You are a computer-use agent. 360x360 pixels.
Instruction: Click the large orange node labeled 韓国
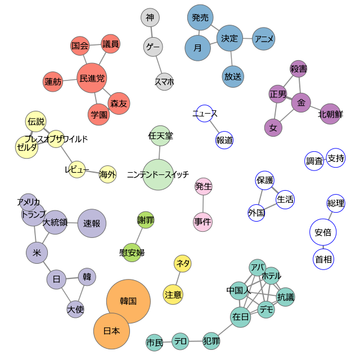pyautogui.click(x=128, y=301)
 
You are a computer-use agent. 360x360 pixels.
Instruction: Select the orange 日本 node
pyautogui.click(x=111, y=331)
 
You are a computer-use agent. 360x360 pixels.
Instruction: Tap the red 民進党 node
pyautogui.click(x=92, y=78)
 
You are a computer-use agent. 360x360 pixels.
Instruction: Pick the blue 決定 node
pyautogui.click(x=229, y=38)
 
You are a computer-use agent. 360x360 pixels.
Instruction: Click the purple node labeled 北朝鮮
pyautogui.click(x=330, y=114)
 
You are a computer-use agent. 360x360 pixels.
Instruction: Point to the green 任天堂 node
pyautogui.click(x=160, y=136)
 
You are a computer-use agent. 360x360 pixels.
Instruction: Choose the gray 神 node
pyautogui.click(x=150, y=17)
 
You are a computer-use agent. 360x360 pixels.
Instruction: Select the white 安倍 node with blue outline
pyautogui.click(x=323, y=232)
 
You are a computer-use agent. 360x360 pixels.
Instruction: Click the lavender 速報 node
pyautogui.click(x=92, y=223)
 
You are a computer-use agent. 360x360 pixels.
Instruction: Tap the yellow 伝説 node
pyautogui.click(x=35, y=121)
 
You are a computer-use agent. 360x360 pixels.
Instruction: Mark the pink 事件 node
pyautogui.click(x=202, y=222)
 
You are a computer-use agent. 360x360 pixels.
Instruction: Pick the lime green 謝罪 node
pyautogui.click(x=146, y=220)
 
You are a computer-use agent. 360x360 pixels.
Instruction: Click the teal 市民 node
pyautogui.click(x=155, y=343)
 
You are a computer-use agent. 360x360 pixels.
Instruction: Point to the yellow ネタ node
pyautogui.click(x=182, y=263)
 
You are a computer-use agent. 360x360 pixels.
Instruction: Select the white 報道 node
pyautogui.click(x=224, y=140)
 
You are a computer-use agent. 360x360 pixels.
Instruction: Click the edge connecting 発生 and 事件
pyautogui.click(x=203, y=204)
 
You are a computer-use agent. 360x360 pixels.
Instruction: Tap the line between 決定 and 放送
pyautogui.click(x=232, y=58)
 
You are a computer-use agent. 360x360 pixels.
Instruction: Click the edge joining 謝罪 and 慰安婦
pyautogui.click(x=139, y=236)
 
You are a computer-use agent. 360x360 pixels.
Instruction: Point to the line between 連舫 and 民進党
pyautogui.click(x=70, y=80)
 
